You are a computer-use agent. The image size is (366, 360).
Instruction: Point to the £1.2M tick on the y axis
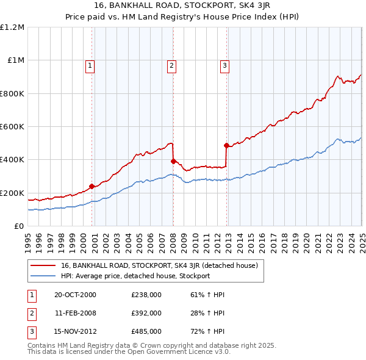(x=12, y=27)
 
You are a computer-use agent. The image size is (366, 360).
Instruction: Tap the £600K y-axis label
(x=12, y=127)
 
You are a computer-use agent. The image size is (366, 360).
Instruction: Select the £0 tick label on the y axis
(x=20, y=226)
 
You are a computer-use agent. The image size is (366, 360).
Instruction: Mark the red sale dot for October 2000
(x=92, y=186)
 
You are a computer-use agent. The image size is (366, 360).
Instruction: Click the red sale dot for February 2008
(x=173, y=161)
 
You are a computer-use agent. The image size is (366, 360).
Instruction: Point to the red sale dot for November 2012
(x=226, y=145)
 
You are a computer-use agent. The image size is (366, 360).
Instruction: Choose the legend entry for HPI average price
(x=135, y=276)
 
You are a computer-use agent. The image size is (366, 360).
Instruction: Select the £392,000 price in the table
(x=146, y=313)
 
